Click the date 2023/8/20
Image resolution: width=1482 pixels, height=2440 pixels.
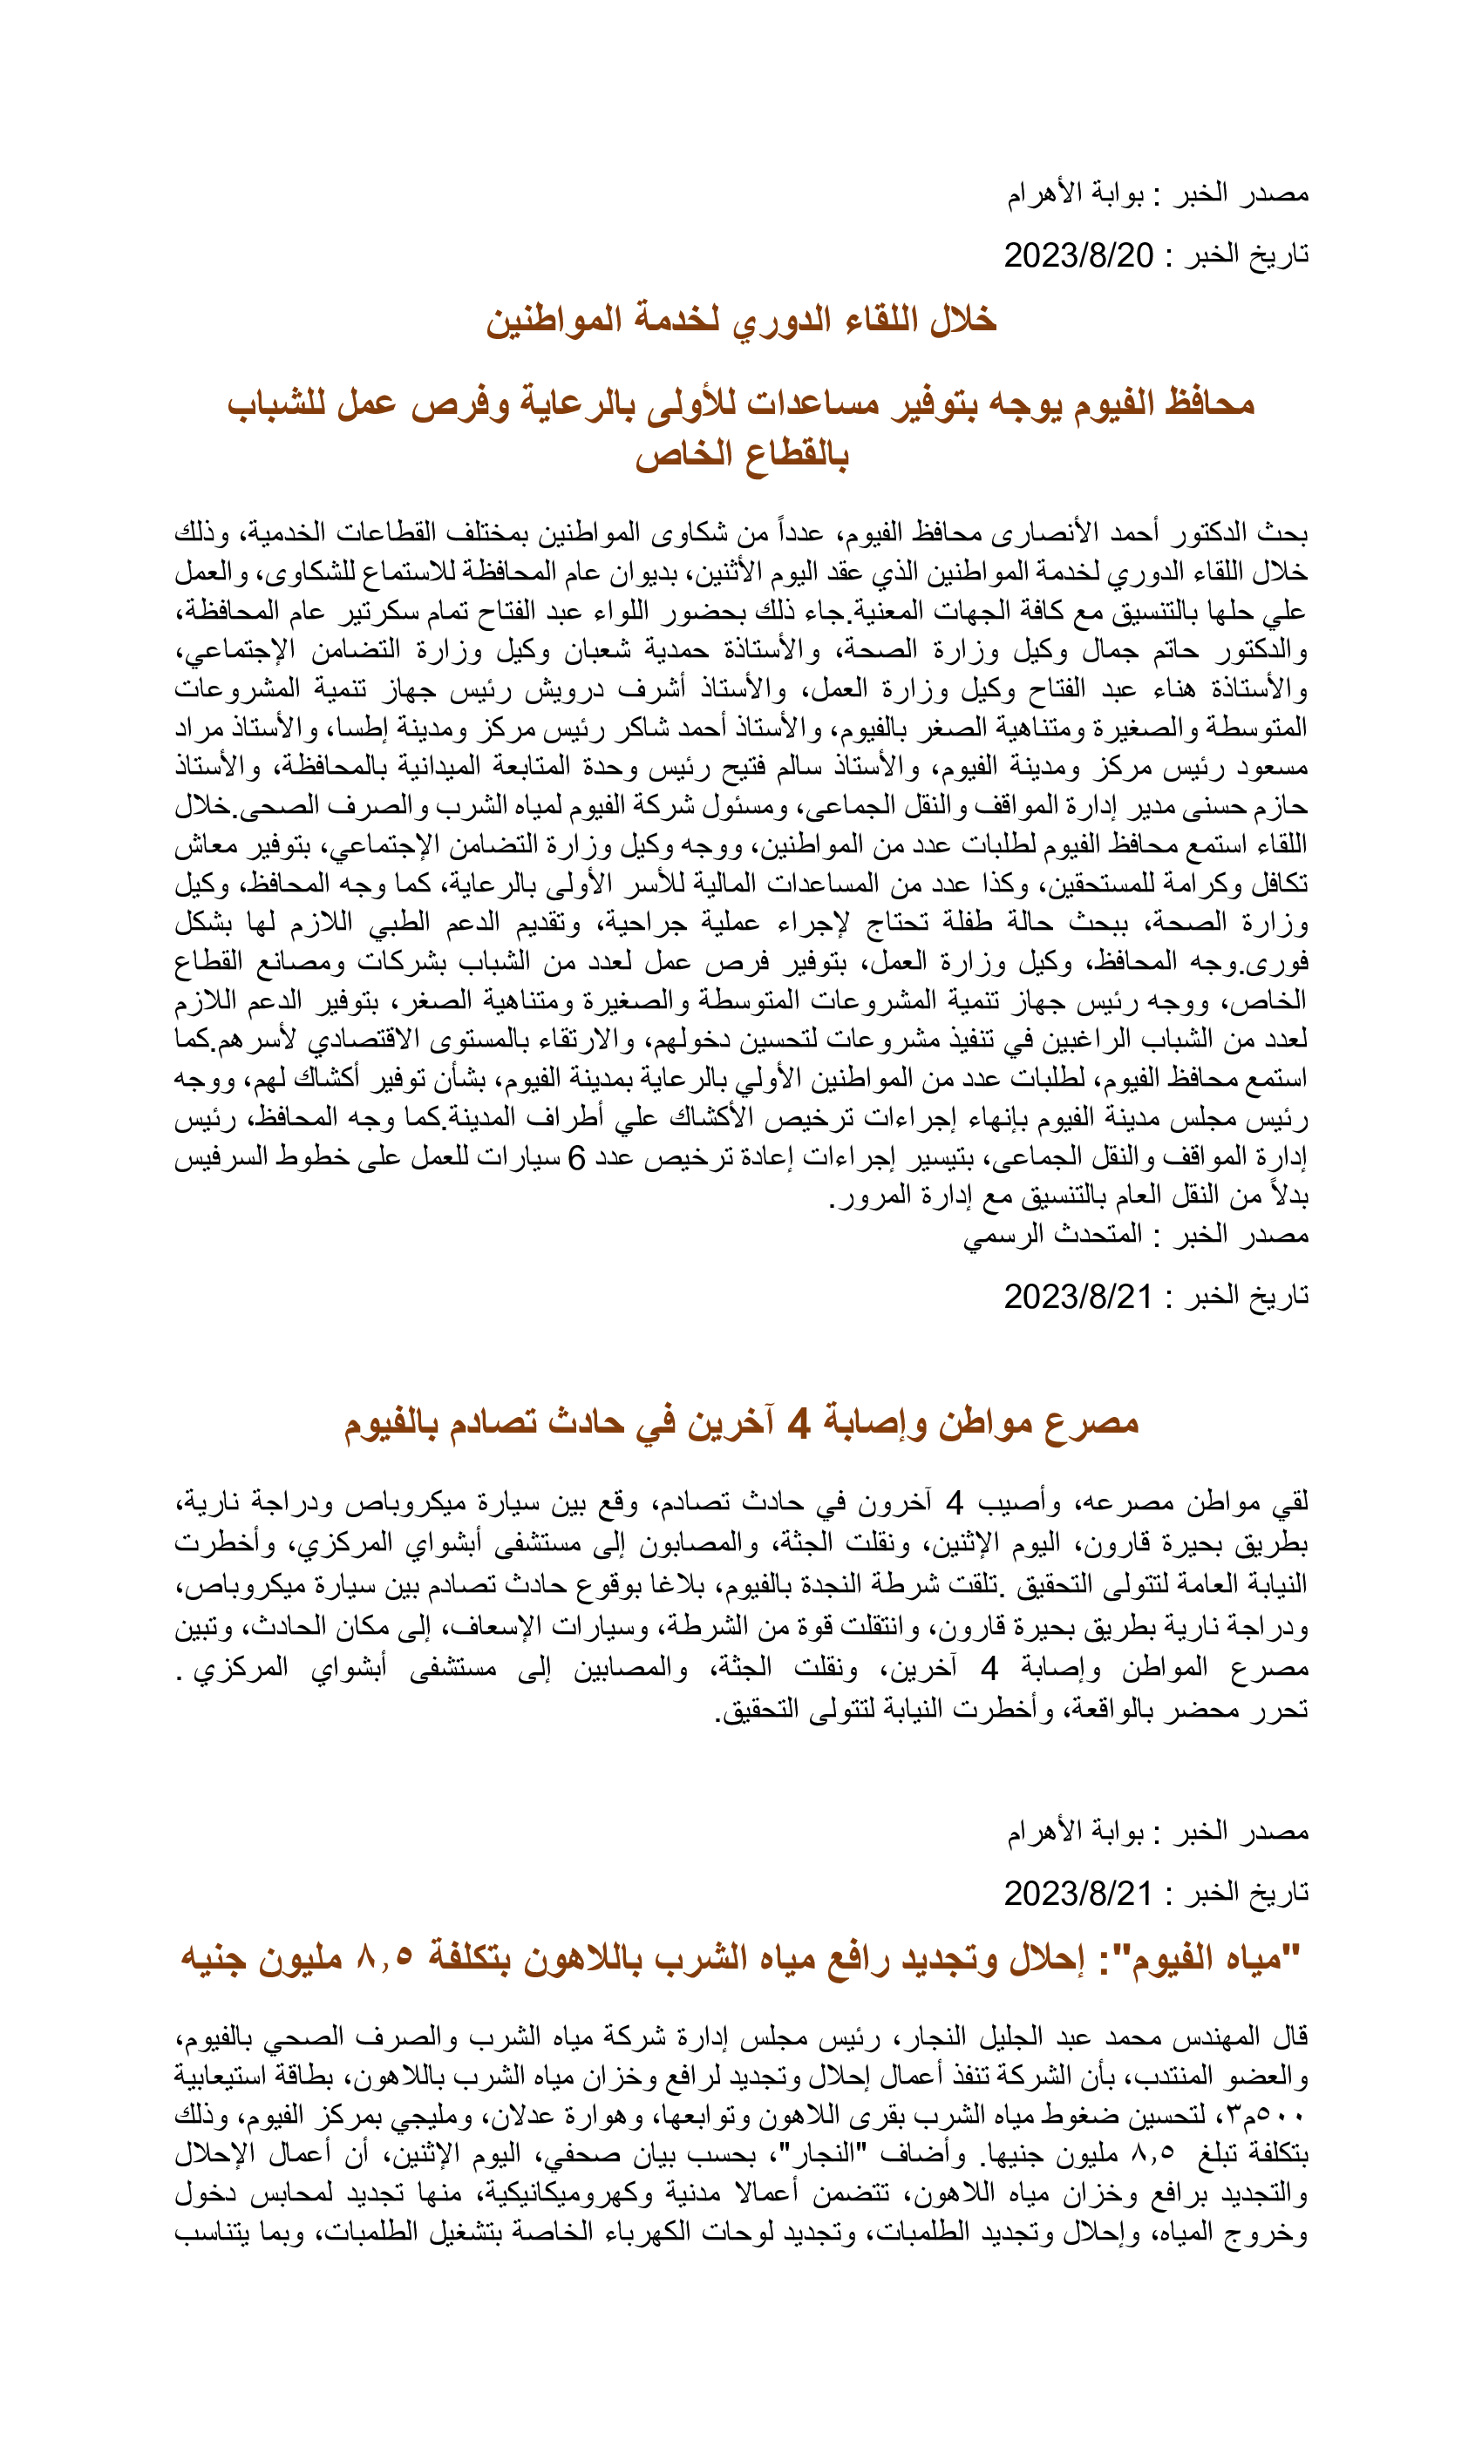pyautogui.click(x=1078, y=255)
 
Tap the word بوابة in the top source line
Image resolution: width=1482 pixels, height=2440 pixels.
pyautogui.click(x=1117, y=194)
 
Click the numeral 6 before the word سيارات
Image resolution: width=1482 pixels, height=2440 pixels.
pyautogui.click(x=576, y=1157)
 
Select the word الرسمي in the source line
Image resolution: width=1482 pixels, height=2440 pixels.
pyautogui.click(x=1002, y=1235)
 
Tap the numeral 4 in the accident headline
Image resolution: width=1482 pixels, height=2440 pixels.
pyautogui.click(x=798, y=1424)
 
